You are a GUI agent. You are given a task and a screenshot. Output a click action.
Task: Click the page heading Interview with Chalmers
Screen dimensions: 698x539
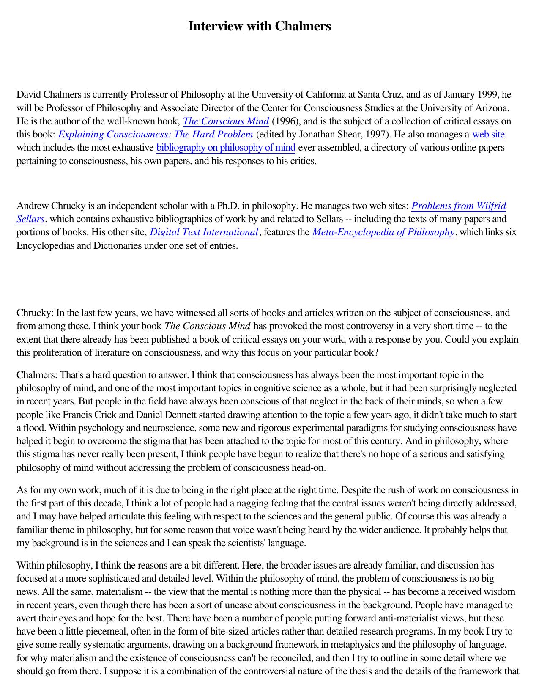pos(259,26)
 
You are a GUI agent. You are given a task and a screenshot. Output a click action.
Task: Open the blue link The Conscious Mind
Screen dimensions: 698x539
pos(226,121)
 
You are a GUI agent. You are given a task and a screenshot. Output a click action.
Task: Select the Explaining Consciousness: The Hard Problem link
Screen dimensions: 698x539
pos(156,135)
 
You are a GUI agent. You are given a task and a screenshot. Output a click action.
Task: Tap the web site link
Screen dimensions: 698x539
pos(488,135)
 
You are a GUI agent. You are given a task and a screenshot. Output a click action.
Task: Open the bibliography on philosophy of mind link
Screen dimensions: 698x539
pos(226,148)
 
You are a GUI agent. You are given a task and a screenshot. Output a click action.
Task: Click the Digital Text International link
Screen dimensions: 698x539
pos(204,232)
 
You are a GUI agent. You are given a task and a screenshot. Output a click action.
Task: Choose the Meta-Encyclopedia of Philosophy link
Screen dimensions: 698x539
pos(383,232)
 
